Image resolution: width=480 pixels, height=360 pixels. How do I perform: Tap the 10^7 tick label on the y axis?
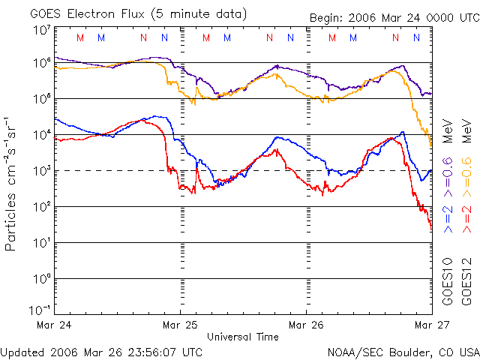click(41, 31)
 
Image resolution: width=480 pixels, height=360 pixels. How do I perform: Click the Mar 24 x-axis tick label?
click(55, 325)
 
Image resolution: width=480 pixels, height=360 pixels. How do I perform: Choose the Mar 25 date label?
click(180, 325)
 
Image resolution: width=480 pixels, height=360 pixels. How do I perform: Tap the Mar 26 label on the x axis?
click(306, 325)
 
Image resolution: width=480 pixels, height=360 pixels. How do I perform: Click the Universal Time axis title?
click(243, 337)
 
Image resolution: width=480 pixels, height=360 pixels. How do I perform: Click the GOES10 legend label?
click(448, 281)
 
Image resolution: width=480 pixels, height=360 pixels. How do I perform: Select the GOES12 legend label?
click(466, 281)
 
